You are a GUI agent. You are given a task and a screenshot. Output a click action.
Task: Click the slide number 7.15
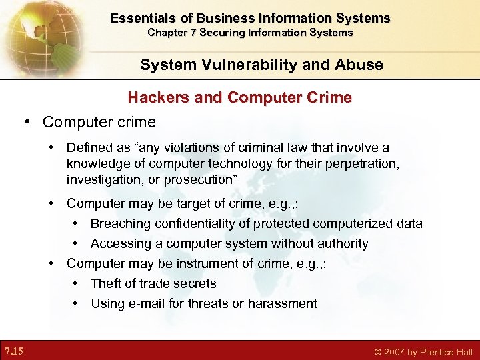(x=14, y=351)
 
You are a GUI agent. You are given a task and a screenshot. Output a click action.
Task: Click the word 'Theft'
(x=106, y=283)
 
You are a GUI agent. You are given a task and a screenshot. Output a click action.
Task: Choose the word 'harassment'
(x=282, y=303)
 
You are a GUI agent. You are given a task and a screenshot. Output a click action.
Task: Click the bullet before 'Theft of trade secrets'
(x=77, y=283)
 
